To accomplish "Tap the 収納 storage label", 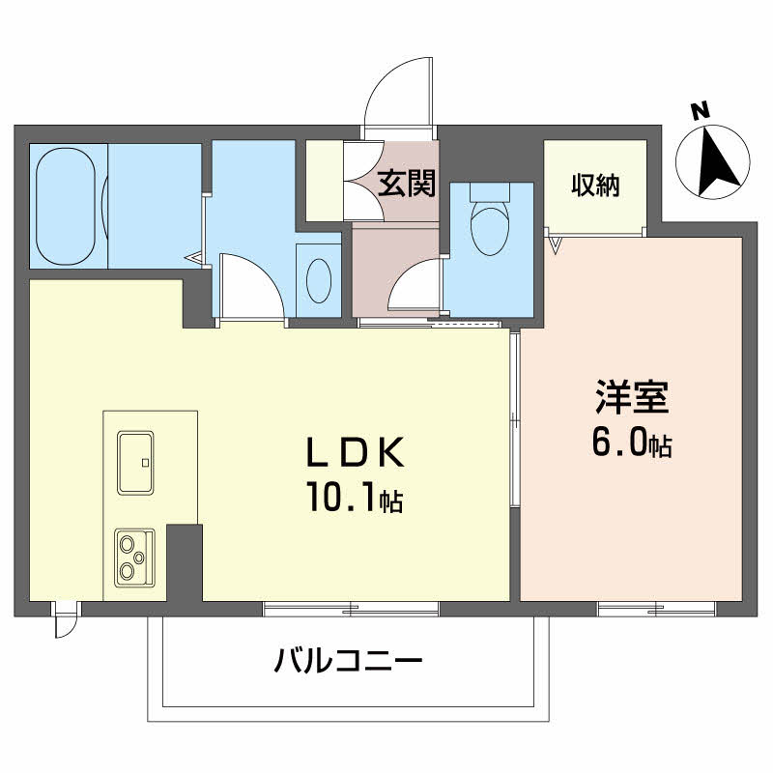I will pyautogui.click(x=594, y=184).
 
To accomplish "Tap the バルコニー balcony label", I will pyautogui.click(x=348, y=662).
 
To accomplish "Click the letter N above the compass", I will pyautogui.click(x=702, y=111).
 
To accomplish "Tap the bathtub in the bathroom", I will pyautogui.click(x=66, y=205).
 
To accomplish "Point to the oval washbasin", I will pyautogui.click(x=318, y=280).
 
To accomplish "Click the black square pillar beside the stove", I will pyautogui.click(x=184, y=560).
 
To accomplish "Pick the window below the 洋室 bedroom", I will pyautogui.click(x=656, y=609).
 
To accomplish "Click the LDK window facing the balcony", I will pyautogui.click(x=351, y=609).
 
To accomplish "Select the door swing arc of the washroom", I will pyautogui.click(x=249, y=285).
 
